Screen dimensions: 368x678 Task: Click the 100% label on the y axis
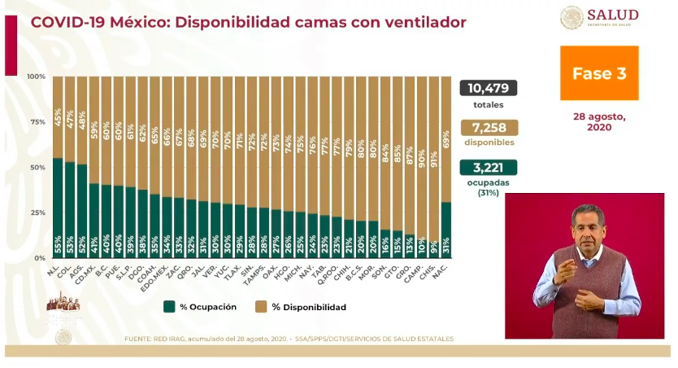pyautogui.click(x=36, y=77)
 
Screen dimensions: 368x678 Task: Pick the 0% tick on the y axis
pyautogui.click(x=39, y=258)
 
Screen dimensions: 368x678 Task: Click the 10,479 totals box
pyautogui.click(x=488, y=89)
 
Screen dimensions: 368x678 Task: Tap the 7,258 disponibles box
pyautogui.click(x=488, y=128)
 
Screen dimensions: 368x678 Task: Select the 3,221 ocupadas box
pyautogui.click(x=488, y=168)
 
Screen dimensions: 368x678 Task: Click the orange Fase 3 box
pyautogui.click(x=599, y=73)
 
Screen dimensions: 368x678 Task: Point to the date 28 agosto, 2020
pyautogui.click(x=599, y=122)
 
